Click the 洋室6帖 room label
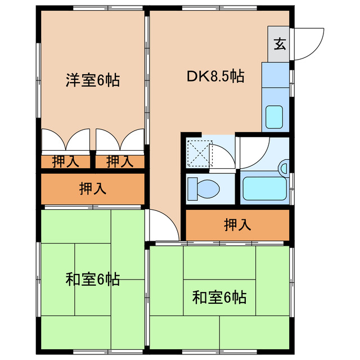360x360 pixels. (93, 80)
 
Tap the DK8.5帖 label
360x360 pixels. (215, 76)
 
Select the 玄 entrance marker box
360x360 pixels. (279, 44)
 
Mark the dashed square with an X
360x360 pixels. (197, 152)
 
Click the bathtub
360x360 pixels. (263, 189)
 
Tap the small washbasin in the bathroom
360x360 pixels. (283, 168)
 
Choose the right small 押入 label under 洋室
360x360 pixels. (119, 162)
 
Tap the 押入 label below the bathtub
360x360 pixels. (237, 225)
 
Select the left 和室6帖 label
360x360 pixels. (93, 279)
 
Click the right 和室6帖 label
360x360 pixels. (219, 296)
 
